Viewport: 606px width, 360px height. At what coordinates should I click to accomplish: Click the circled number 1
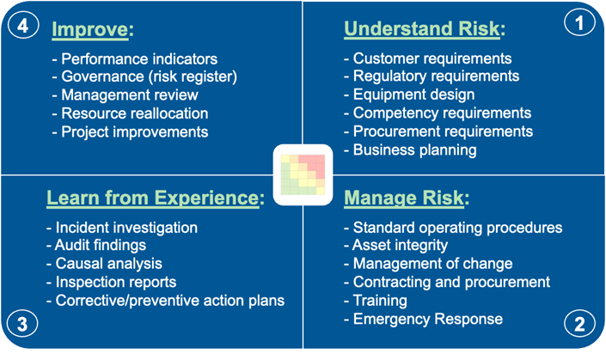click(579, 23)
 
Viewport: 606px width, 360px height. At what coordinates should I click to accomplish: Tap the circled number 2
click(578, 324)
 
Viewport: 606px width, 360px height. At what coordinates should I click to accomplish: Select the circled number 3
click(22, 324)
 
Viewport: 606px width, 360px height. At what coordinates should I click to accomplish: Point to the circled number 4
click(23, 26)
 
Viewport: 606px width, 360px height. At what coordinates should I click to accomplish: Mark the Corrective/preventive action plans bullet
click(165, 301)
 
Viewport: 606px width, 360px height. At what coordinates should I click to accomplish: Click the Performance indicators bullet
click(134, 59)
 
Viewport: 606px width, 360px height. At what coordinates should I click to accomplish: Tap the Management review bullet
click(127, 95)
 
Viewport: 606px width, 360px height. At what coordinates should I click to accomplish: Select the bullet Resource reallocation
click(130, 113)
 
